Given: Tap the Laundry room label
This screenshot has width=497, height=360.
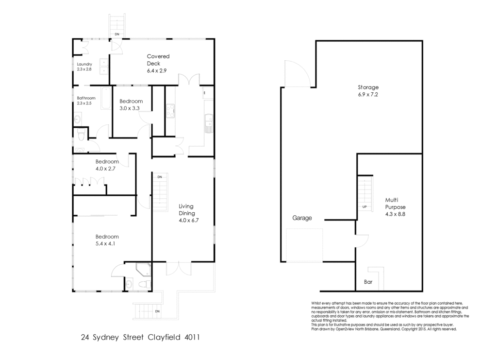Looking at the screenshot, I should pos(84,67).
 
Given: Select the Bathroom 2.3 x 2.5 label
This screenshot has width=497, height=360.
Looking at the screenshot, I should pos(86,101).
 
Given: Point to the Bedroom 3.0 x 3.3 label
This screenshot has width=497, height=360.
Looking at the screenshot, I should pos(131,104).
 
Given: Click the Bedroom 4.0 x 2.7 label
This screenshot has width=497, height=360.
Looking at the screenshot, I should pos(107,165).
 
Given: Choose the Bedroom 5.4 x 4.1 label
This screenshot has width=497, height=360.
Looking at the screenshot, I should pos(107,240).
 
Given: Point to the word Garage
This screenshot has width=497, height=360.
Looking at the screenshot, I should pos(302,218).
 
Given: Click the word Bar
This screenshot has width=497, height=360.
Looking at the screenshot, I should pos(368,281).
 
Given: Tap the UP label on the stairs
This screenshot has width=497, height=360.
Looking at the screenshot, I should pos(364,207).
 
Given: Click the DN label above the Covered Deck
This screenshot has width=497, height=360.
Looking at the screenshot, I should pos(117,34).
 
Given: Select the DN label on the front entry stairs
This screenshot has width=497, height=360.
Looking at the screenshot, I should pos(157,311).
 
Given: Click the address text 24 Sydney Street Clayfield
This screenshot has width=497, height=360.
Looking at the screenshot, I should pos(140,337).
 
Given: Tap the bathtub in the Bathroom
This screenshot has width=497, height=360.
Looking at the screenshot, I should pos(106,98).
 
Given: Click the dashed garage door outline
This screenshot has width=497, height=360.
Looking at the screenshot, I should pos(304,245).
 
